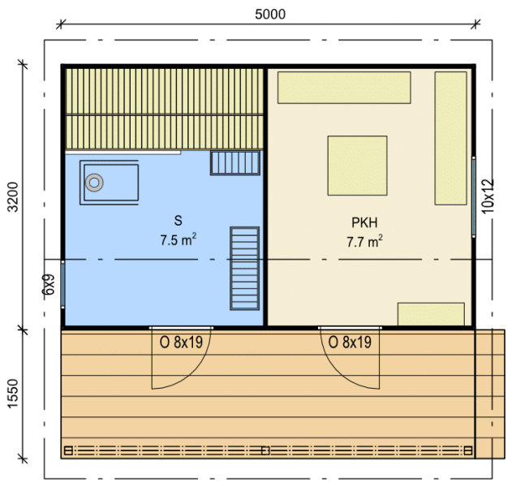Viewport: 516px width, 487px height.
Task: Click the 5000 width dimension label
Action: tap(270, 14)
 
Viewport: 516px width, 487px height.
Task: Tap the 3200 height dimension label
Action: tap(13, 196)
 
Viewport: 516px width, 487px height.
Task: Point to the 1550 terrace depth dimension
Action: tap(13, 394)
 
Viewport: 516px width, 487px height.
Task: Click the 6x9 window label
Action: tap(49, 284)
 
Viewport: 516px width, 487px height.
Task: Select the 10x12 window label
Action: tap(488, 196)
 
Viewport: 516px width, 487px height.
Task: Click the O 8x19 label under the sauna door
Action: tap(181, 343)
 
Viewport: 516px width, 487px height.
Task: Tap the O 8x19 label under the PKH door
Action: tap(350, 343)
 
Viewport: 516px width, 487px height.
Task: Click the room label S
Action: tap(178, 221)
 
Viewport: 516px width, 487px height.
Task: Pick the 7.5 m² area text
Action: tap(178, 239)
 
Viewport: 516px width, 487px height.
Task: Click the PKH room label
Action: tap(364, 222)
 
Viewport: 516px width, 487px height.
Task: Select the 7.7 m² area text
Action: tap(364, 241)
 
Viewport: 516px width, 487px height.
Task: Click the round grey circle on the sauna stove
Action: tap(94, 183)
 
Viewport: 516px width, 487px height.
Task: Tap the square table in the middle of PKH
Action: tap(357, 166)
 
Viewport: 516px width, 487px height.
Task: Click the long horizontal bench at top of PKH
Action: tap(344, 88)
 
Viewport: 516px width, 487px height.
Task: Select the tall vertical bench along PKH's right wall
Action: tap(451, 138)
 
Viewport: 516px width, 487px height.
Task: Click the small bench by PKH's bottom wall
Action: tap(431, 314)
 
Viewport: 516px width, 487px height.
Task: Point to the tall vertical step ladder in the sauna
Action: tap(244, 269)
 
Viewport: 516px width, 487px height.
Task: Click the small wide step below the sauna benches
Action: tap(235, 163)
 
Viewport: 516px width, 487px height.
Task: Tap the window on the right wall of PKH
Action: tap(474, 197)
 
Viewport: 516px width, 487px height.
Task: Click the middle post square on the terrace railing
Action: tap(265, 450)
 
